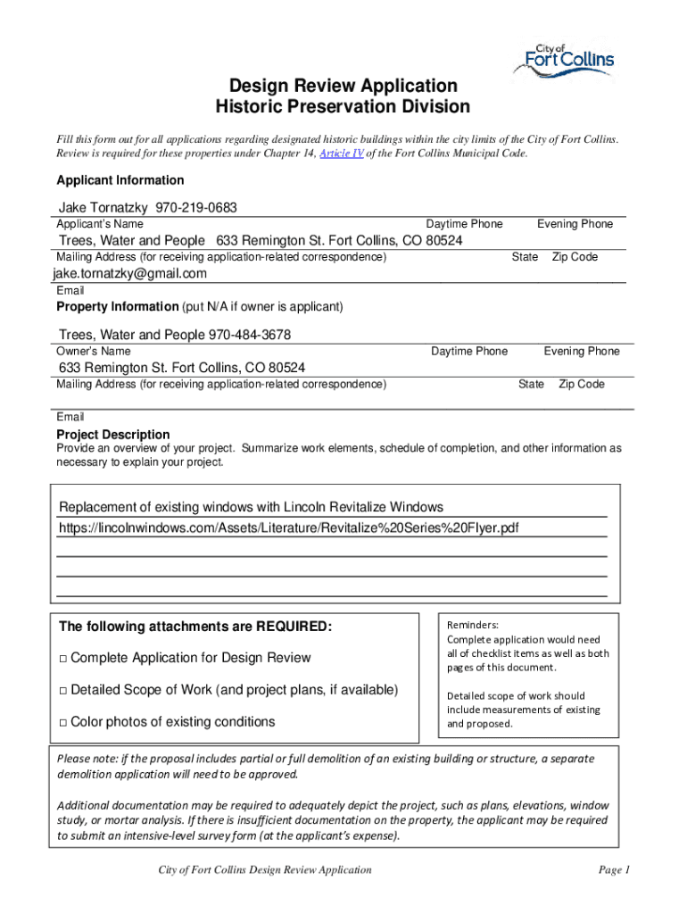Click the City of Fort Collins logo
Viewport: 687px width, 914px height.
pyautogui.click(x=563, y=62)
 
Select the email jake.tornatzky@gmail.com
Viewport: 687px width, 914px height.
pyautogui.click(x=130, y=273)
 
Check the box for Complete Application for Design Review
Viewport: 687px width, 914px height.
pyautogui.click(x=62, y=659)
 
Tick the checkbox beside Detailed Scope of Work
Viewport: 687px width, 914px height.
pyautogui.click(x=62, y=690)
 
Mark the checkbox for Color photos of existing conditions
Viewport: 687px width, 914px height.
pyautogui.click(x=62, y=722)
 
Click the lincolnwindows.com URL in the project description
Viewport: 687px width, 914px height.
pyautogui.click(x=288, y=528)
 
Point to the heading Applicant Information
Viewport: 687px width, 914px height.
pyautogui.click(x=120, y=179)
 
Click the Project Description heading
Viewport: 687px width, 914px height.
pyautogui.click(x=113, y=435)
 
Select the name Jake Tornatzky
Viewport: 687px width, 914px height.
pyautogui.click(x=103, y=207)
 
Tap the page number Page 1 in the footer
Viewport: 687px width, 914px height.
pyautogui.click(x=615, y=870)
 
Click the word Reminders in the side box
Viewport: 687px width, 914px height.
pyautogui.click(x=472, y=626)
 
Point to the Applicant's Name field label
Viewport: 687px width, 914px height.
pyautogui.click(x=100, y=224)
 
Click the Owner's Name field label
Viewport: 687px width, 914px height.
pyautogui.click(x=93, y=352)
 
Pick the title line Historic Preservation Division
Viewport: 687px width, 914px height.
pyautogui.click(x=343, y=107)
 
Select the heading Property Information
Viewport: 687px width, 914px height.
pyautogui.click(x=117, y=306)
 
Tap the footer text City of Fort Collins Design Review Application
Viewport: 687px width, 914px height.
pyautogui.click(x=265, y=870)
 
